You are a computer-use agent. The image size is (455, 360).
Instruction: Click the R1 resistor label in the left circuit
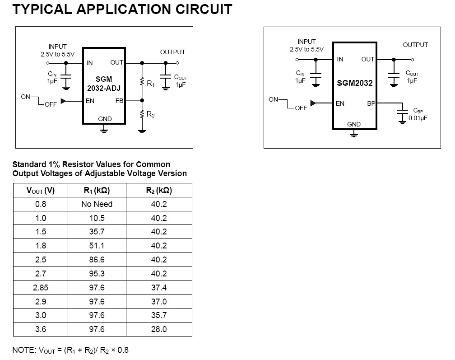[x=150, y=84]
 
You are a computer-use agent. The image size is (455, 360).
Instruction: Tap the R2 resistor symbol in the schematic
[x=142, y=114]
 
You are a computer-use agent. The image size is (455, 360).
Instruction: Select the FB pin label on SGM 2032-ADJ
[x=119, y=101]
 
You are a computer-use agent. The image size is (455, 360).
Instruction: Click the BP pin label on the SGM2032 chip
[x=371, y=103]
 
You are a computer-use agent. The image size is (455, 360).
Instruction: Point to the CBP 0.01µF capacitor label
[x=418, y=114]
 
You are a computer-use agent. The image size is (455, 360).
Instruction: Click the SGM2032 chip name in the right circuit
[x=354, y=83]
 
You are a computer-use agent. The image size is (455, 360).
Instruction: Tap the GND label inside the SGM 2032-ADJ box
[x=105, y=119]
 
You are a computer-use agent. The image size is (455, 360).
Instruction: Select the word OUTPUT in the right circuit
[x=415, y=45]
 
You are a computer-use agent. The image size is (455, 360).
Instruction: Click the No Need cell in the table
[x=97, y=204]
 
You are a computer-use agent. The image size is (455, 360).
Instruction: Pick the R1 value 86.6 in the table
[x=97, y=260]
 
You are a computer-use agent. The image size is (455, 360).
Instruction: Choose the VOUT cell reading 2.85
[x=41, y=288]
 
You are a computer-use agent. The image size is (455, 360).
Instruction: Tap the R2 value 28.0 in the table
[x=159, y=329]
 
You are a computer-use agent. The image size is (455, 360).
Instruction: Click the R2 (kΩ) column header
[x=159, y=190]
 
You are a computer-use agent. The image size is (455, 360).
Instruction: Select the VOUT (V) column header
[x=41, y=190]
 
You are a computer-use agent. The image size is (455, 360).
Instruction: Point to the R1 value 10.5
[x=97, y=218]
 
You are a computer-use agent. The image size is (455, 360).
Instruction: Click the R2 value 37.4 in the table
[x=159, y=288]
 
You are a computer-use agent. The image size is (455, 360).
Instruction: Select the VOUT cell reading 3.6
[x=41, y=329]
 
